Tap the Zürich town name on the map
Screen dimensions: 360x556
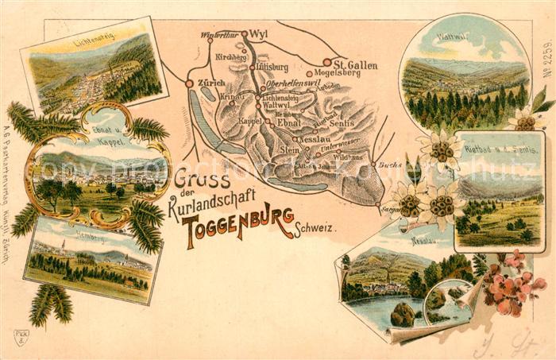(210, 83)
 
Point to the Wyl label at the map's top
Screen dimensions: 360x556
(260, 35)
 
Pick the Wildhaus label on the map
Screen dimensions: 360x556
(349, 157)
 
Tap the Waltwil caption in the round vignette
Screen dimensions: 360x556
(452, 37)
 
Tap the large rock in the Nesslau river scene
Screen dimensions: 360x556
(403, 315)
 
